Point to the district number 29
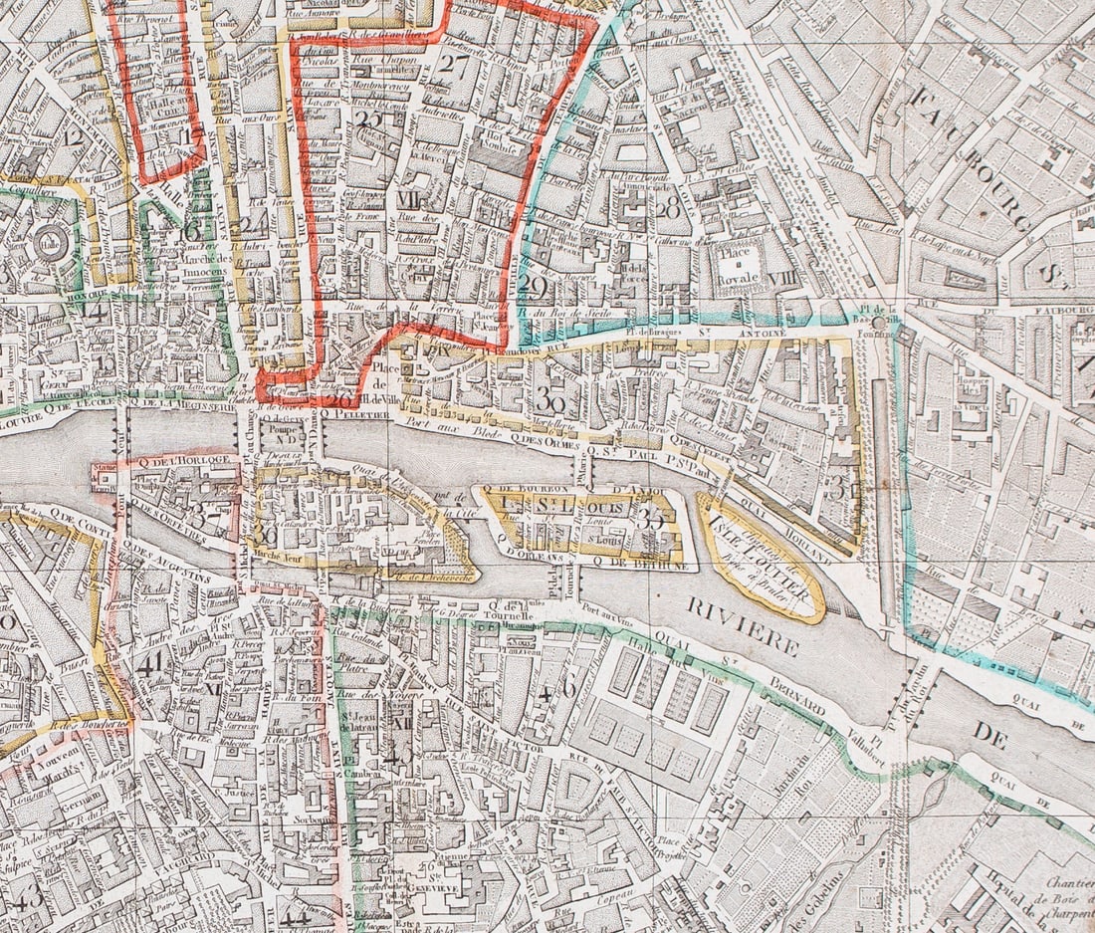point(534,288)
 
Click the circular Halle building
point(46,242)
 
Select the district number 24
point(254,224)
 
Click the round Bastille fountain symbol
point(878,323)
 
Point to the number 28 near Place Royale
point(667,206)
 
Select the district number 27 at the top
point(457,66)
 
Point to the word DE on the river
point(990,736)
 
